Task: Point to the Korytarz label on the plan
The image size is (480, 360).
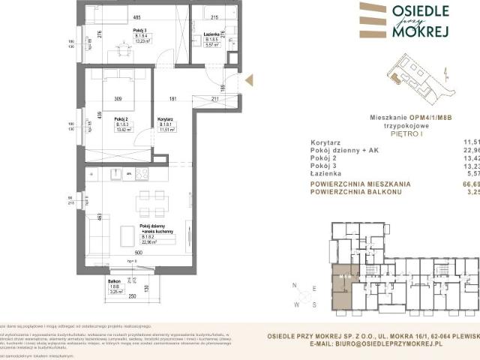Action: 166,119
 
